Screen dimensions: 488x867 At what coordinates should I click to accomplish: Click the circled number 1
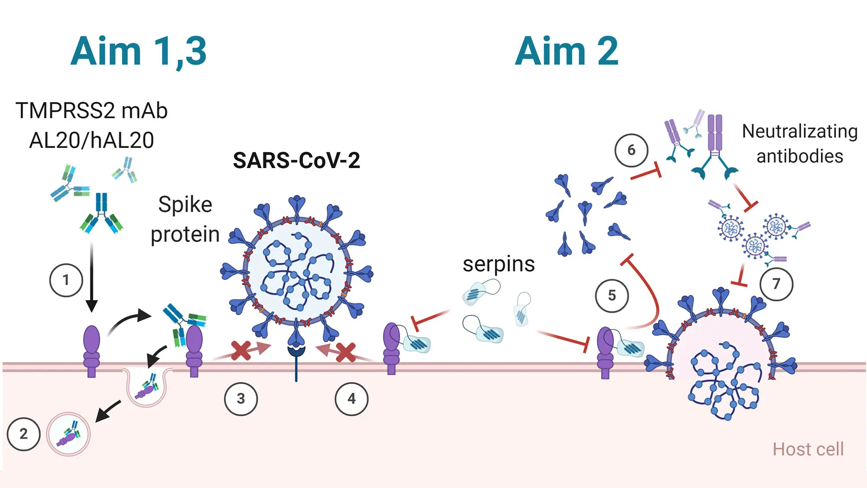click(x=66, y=280)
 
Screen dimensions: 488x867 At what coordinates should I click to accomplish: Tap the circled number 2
click(x=23, y=434)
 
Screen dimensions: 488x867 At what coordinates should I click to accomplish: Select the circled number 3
click(x=241, y=399)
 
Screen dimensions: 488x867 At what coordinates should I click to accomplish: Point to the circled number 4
click(x=351, y=399)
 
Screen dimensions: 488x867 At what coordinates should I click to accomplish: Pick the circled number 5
click(x=612, y=296)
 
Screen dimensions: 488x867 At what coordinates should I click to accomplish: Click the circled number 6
click(x=631, y=150)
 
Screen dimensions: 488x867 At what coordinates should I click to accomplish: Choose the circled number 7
click(x=776, y=284)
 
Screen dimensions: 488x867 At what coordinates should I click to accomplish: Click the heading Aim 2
click(x=566, y=52)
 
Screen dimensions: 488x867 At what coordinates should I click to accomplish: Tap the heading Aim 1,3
click(x=139, y=52)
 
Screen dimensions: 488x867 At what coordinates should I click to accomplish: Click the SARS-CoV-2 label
click(x=296, y=160)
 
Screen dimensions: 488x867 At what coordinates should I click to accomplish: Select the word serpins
click(x=499, y=264)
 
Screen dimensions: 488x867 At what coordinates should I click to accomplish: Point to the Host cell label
click(x=808, y=449)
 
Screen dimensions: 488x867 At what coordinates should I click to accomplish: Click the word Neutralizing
click(x=800, y=131)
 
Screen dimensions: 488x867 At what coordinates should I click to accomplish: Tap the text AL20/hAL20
click(x=92, y=140)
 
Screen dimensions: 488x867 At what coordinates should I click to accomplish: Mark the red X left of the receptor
click(x=241, y=351)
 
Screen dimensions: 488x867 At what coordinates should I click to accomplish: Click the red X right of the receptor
click(x=346, y=352)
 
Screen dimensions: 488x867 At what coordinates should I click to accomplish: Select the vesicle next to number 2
click(x=69, y=434)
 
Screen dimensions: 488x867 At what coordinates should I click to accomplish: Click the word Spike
click(x=185, y=205)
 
